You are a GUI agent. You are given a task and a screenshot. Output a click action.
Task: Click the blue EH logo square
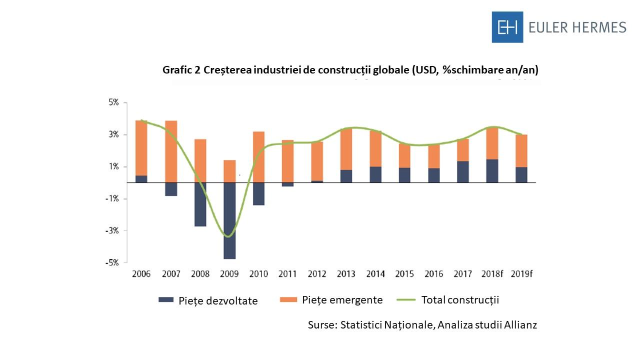[x=507, y=27]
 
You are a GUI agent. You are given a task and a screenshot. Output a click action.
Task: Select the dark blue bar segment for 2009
[x=229, y=220]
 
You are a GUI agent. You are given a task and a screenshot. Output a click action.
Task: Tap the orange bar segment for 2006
[x=141, y=148]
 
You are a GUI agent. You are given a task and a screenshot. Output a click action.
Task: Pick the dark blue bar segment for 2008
[x=200, y=204]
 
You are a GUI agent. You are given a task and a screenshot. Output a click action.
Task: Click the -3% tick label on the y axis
[x=111, y=231]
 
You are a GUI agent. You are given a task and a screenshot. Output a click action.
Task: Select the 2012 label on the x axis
[x=317, y=274]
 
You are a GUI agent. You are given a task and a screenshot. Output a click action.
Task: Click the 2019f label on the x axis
[x=521, y=274]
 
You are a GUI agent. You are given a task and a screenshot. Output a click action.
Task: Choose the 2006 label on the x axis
[x=141, y=274]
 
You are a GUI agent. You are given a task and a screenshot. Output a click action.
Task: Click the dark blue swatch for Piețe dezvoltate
[x=165, y=300]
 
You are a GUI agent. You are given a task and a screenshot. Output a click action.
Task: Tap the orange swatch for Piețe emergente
[x=288, y=299]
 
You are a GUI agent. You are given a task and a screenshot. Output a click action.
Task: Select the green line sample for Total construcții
[x=406, y=300]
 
